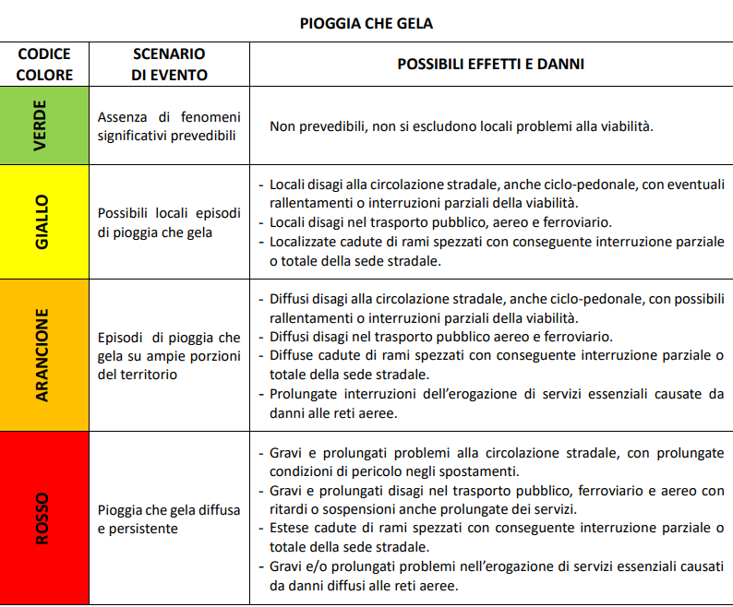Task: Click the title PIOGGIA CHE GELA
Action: click(366, 23)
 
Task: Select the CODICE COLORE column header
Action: click(43, 65)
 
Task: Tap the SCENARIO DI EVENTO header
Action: click(169, 65)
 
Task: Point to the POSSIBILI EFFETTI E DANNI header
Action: click(490, 65)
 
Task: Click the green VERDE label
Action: click(41, 125)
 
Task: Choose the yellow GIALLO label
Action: click(41, 221)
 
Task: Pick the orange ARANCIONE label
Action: click(41, 354)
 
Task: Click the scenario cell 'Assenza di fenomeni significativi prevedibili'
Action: click(168, 126)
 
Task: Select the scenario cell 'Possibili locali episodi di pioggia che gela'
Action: click(168, 222)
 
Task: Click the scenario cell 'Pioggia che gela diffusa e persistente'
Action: click(168, 519)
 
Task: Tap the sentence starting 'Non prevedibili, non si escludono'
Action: click(462, 126)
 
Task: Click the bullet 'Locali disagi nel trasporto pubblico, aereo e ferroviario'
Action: click(441, 222)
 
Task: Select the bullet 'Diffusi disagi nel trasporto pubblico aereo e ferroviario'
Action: click(441, 337)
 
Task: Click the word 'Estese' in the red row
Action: click(290, 529)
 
